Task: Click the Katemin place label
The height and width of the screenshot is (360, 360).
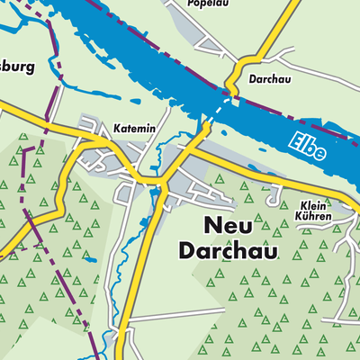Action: [x=135, y=130]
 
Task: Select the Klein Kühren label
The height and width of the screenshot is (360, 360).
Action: [x=312, y=210]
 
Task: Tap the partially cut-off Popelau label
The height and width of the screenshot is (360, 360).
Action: [x=206, y=4]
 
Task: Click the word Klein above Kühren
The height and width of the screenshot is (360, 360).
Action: [x=312, y=203]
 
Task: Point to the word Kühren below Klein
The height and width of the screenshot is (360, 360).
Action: [x=312, y=217]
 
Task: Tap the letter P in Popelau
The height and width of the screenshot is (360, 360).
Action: [x=190, y=4]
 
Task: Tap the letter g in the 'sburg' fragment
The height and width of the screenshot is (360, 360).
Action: [x=31, y=69]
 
